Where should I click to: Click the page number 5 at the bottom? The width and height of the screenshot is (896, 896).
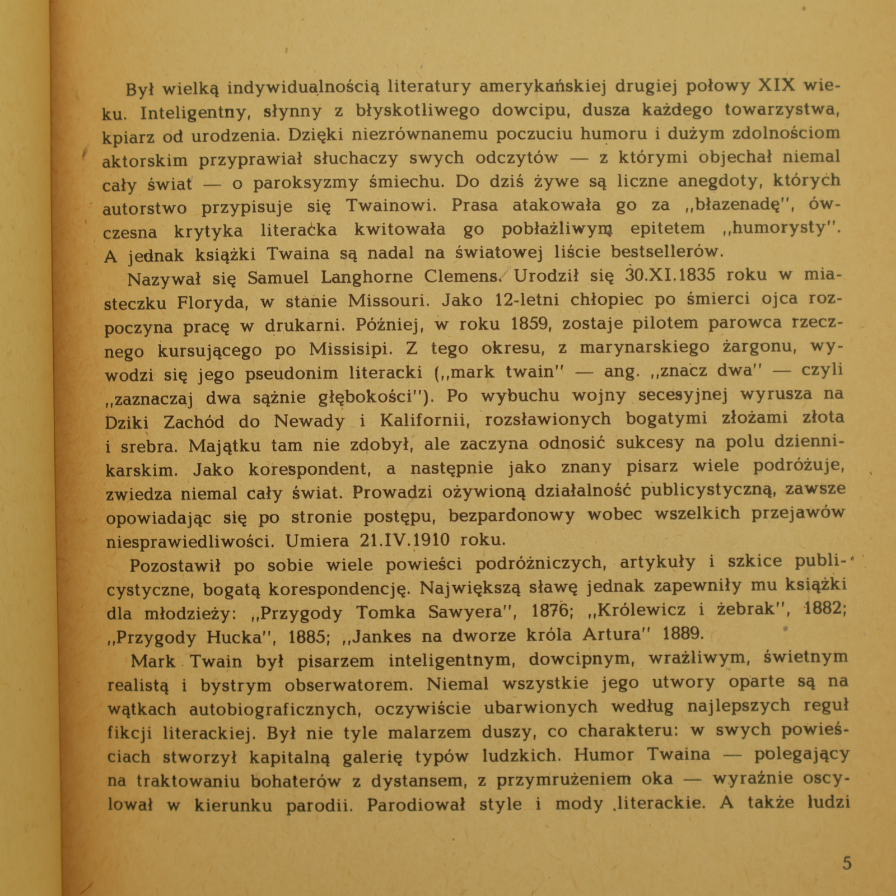pyautogui.click(x=847, y=863)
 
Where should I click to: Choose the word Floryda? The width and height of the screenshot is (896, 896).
pyautogui.click(x=211, y=303)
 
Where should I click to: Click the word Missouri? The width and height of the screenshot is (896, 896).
pyautogui.click(x=389, y=301)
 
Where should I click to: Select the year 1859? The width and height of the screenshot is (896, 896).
pyautogui.click(x=529, y=324)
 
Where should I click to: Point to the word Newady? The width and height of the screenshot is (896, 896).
pyautogui.click(x=309, y=421)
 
